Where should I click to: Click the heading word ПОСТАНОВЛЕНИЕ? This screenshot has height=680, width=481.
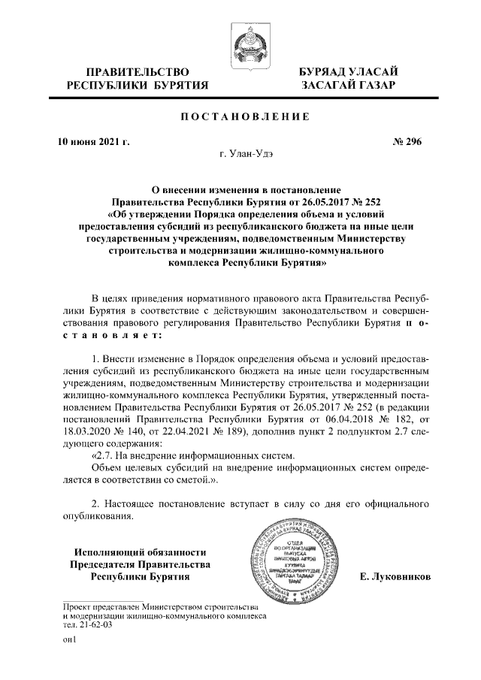coord(240,118)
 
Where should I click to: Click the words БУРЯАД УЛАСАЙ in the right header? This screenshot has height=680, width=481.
coord(347,72)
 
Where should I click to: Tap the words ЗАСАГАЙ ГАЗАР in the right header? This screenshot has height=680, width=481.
coord(347,87)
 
